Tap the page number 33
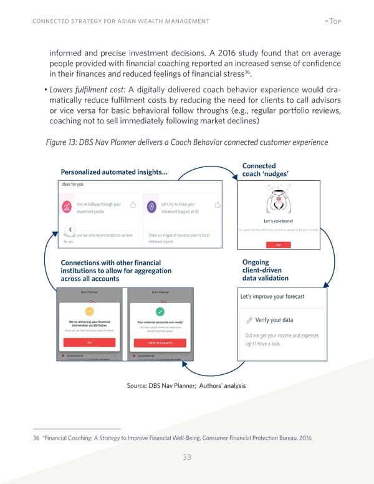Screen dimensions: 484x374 (x=186, y=457)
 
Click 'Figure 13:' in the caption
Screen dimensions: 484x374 (x=64, y=141)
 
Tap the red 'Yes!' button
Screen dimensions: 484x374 (x=279, y=245)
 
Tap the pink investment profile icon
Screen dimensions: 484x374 (x=67, y=206)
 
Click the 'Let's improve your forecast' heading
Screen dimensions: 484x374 (x=273, y=296)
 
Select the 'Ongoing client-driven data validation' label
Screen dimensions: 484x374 (x=265, y=271)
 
